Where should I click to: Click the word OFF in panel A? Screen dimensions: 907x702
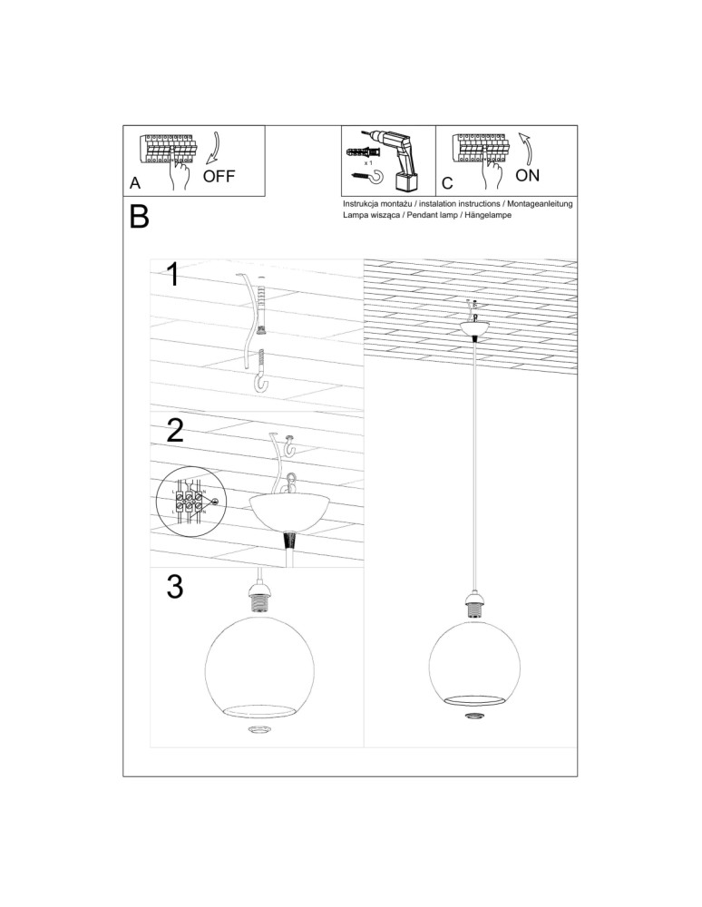point(219,176)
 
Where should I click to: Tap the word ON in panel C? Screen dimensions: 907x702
point(527,174)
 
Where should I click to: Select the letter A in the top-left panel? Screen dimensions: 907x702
point(135,182)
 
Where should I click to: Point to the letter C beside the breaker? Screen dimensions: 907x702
point(447,182)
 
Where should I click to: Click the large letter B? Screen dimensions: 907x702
point(140,218)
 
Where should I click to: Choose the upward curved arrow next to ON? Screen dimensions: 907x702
point(526,145)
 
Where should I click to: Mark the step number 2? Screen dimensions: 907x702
point(175,430)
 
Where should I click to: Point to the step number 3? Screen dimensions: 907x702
point(175,588)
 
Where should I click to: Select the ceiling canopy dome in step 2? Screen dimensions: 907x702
point(288,511)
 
